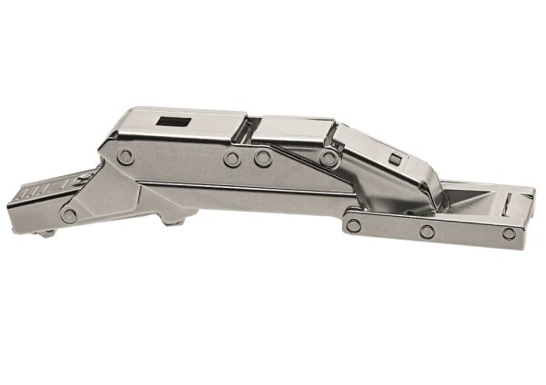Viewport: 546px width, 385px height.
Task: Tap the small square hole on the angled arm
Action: click(x=394, y=160)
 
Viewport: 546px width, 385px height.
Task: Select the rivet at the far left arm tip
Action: click(x=69, y=215)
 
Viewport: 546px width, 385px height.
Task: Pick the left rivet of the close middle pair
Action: click(x=233, y=159)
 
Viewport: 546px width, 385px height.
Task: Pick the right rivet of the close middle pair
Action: click(x=263, y=159)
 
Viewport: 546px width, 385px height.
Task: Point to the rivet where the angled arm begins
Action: click(x=328, y=158)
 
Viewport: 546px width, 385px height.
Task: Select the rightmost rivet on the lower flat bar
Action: click(x=509, y=233)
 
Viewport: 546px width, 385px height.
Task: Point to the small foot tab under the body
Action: click(x=174, y=219)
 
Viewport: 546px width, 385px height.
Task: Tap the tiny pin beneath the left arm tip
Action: click(x=46, y=232)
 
